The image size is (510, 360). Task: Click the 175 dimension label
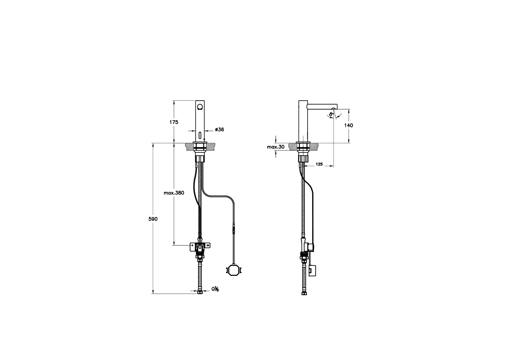(174, 122)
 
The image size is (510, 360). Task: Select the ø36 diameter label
(219, 130)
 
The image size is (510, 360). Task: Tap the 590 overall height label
(153, 219)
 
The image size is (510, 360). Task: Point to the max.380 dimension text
(174, 193)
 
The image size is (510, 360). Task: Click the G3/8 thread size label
(215, 289)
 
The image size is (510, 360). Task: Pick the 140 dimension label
(349, 125)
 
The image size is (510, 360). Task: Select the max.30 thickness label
(276, 147)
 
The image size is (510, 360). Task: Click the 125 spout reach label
(319, 164)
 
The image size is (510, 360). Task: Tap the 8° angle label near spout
(331, 115)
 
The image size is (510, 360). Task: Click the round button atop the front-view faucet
(200, 106)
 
